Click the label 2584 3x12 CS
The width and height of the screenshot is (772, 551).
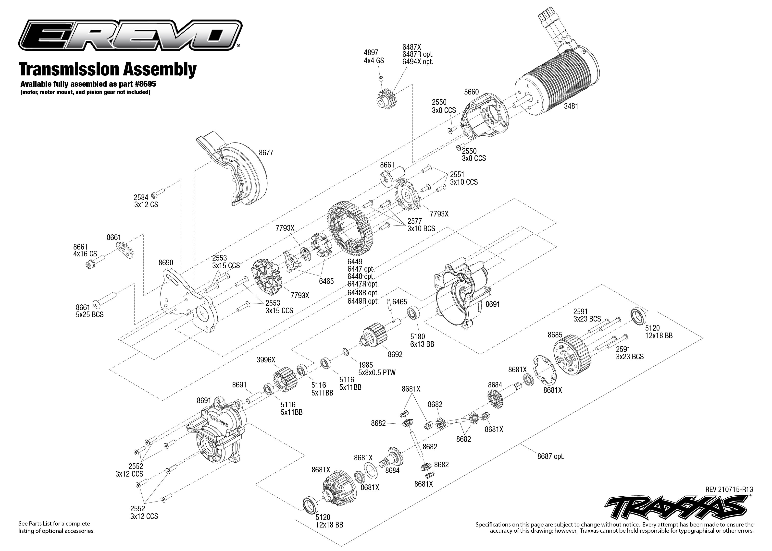[146, 201]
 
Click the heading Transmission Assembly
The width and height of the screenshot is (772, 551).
[108, 69]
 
